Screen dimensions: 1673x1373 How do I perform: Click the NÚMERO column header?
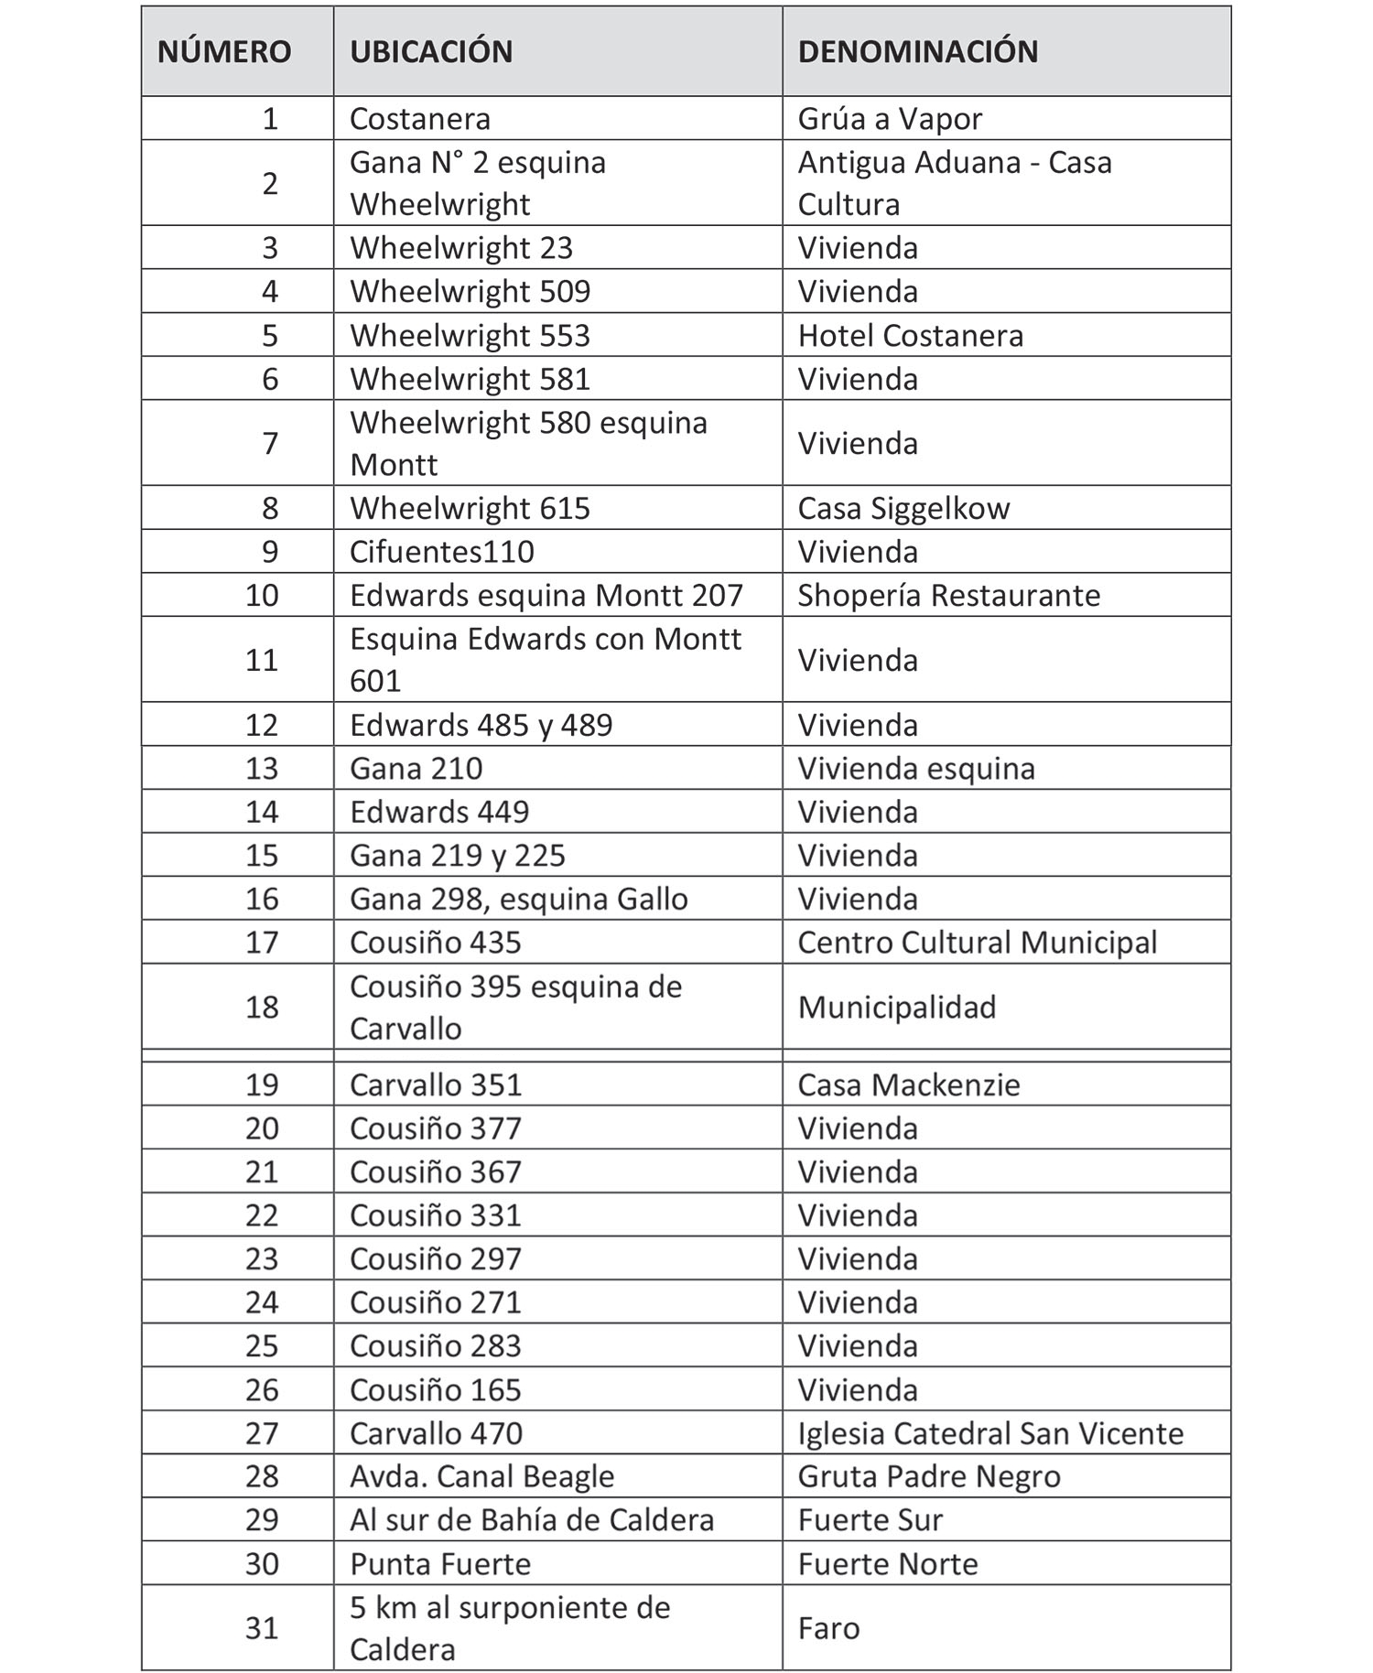click(224, 51)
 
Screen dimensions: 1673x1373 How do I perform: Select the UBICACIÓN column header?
click(431, 51)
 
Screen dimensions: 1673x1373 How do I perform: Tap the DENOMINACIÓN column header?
click(918, 51)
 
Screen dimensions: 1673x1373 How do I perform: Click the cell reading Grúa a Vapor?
click(890, 119)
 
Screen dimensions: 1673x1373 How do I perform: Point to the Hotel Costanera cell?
click(910, 336)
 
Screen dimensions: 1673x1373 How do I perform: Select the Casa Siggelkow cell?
click(903, 508)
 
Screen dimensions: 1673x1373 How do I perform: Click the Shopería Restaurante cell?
click(948, 595)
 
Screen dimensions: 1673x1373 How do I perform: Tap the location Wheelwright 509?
click(470, 292)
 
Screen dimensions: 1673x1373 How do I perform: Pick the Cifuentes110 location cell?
click(441, 552)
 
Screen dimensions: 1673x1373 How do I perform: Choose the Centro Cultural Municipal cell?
click(977, 943)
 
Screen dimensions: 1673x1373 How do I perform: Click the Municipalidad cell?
click(896, 1007)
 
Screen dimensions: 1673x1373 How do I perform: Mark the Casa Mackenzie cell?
click(908, 1085)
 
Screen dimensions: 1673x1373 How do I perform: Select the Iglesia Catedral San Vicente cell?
click(990, 1433)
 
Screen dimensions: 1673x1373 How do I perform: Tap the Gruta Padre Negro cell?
click(928, 1476)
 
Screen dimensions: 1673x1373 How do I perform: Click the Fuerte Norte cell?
click(887, 1563)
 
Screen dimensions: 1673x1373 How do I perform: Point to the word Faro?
click(828, 1628)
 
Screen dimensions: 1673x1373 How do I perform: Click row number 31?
click(262, 1628)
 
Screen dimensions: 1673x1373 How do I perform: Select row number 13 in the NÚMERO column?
click(262, 768)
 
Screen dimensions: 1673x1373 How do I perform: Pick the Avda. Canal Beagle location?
click(481, 1476)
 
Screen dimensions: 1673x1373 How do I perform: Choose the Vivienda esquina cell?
click(915, 768)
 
